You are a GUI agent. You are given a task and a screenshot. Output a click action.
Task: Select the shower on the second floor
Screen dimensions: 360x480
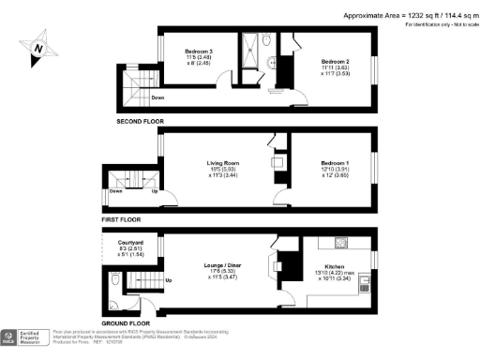point(250,47)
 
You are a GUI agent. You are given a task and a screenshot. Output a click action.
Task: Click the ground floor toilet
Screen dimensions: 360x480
point(113,279)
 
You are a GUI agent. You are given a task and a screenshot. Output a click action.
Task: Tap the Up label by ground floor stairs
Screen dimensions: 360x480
point(169,279)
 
